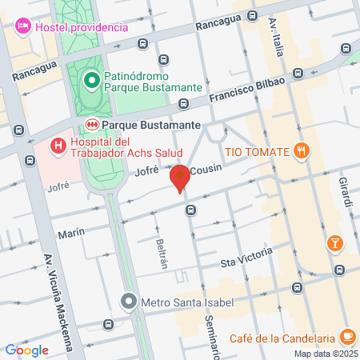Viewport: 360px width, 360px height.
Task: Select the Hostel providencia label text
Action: pyautogui.click(x=81, y=27)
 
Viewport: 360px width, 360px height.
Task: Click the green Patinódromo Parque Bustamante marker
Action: pyautogui.click(x=91, y=79)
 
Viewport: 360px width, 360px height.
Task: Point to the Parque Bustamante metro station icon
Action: pyautogui.click(x=92, y=124)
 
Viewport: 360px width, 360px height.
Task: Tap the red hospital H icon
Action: pyautogui.click(x=58, y=146)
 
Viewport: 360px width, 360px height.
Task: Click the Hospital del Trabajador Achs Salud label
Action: pyautogui.click(x=126, y=146)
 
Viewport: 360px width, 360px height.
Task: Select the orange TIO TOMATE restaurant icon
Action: pyautogui.click(x=301, y=150)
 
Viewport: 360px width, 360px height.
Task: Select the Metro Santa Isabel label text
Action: pyautogui.click(x=176, y=302)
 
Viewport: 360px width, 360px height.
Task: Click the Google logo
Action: pyautogui.click(x=26, y=350)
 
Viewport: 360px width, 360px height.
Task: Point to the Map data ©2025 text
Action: pyautogui.click(x=325, y=354)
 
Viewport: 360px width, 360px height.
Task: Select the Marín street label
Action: pyautogui.click(x=71, y=234)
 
